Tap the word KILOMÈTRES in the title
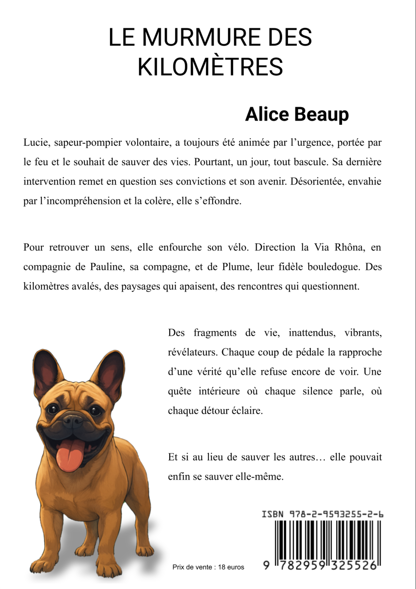point(210,67)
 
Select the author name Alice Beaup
point(297,114)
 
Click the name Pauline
point(106,267)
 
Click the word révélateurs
point(192,352)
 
